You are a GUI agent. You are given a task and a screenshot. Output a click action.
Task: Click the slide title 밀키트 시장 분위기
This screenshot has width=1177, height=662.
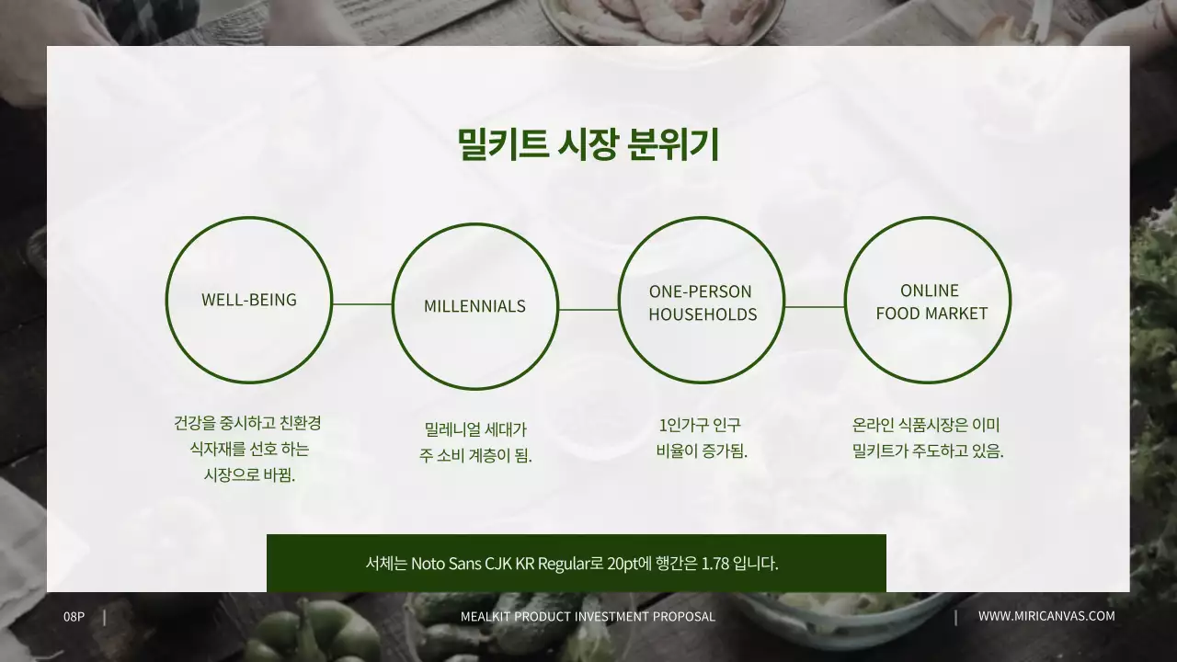pos(588,145)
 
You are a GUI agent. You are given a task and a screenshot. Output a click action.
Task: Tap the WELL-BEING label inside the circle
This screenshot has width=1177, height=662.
pos(249,300)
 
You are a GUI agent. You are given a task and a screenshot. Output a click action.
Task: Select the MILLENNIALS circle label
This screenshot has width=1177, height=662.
pos(474,306)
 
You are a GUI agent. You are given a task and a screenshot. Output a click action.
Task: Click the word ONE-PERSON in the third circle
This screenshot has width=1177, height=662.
pos(701,291)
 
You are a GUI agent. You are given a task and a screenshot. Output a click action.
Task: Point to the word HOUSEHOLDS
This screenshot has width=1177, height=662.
pos(703,314)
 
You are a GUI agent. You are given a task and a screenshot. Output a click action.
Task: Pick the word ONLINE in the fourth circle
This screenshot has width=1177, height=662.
pos(930,291)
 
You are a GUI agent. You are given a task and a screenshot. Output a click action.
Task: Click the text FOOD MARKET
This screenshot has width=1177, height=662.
pos(931,314)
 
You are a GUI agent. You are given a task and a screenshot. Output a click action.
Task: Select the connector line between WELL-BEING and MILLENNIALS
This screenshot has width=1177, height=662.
pos(362,303)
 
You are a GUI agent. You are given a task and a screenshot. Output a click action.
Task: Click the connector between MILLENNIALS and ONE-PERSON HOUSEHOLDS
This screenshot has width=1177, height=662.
pos(588,310)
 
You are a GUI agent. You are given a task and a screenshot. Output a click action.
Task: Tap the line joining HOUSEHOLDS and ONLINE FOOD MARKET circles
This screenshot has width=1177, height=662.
pos(815,307)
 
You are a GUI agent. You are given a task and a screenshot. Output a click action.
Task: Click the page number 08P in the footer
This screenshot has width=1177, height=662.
pos(74,616)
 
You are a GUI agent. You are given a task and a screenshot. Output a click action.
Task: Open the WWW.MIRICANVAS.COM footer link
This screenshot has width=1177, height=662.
pos(1046,616)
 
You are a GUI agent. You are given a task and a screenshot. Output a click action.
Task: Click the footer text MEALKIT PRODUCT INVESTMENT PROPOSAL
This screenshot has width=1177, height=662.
pos(588,616)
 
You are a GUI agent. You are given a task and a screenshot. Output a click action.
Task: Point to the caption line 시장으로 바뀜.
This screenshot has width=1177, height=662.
pos(249,475)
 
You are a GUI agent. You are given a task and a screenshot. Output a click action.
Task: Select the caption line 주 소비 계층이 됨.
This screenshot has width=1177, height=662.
pos(475,455)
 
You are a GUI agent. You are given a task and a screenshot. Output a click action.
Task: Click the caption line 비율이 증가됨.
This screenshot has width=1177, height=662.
pos(702,451)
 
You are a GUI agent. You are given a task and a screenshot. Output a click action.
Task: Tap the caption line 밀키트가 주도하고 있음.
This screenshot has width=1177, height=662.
pos(928,451)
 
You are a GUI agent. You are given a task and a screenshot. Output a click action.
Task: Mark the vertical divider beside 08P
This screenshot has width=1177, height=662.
pos(105,617)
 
